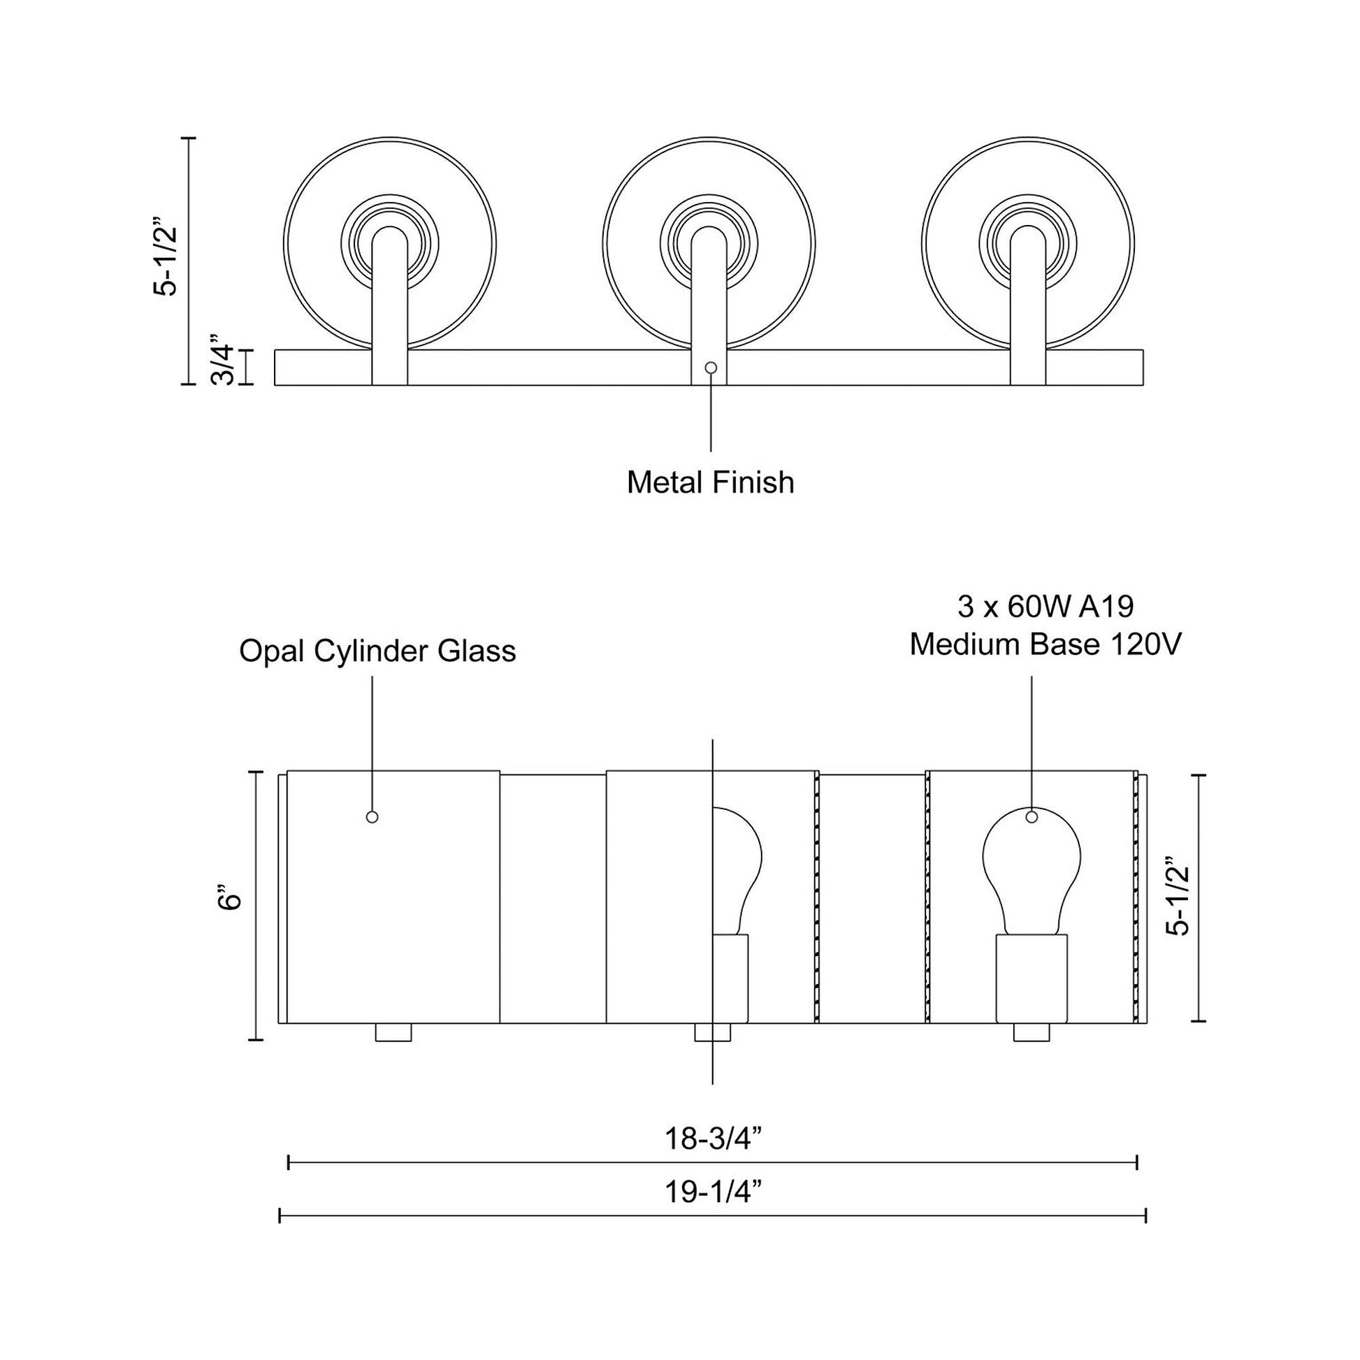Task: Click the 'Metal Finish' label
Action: (710, 483)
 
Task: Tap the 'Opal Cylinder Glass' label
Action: (377, 651)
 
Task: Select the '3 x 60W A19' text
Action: (1046, 606)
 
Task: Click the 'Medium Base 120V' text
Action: (1046, 644)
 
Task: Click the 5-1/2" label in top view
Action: (168, 261)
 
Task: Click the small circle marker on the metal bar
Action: (711, 368)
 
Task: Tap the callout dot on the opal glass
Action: (372, 817)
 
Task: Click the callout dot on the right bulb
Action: (1032, 817)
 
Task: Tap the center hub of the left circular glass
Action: (389, 243)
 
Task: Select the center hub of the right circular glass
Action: (1028, 243)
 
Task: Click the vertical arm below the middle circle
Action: (709, 310)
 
